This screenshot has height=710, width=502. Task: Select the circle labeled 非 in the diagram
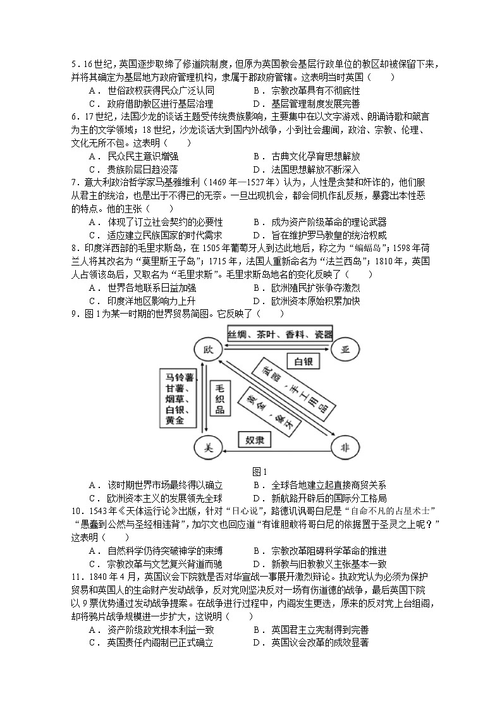[346, 448]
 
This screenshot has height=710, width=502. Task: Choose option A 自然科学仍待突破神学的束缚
[156, 551]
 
